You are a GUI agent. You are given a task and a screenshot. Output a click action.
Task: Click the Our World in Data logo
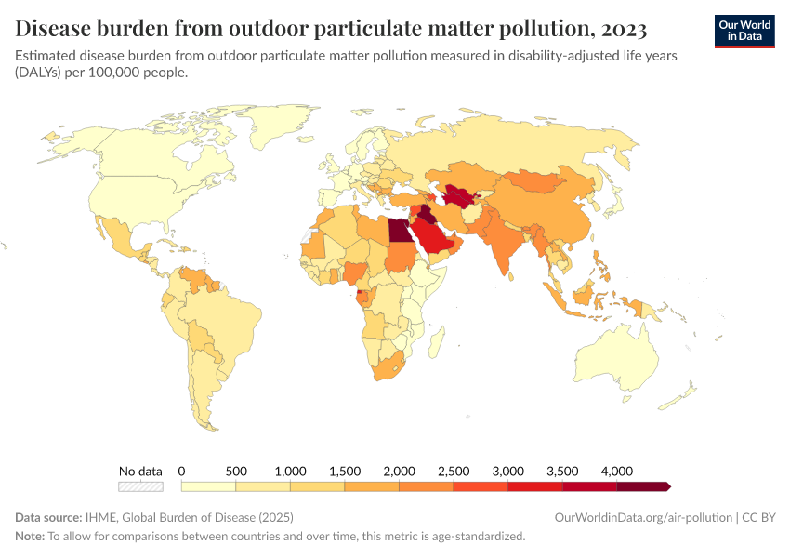pos(744,30)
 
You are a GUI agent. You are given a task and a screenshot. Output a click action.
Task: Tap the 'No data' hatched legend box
pos(140,486)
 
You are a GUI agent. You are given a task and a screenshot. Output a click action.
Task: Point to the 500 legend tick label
pos(236,471)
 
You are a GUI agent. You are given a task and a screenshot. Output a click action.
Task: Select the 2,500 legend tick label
pos(454,471)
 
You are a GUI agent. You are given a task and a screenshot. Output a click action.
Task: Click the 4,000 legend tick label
pos(616,471)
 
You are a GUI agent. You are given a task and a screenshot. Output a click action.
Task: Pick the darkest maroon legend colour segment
pos(642,486)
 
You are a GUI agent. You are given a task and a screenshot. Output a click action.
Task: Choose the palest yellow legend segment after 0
pos(208,486)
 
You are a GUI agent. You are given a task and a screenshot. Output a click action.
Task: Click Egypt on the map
pos(397,231)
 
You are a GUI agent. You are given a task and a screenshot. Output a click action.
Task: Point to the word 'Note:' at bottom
pos(30,537)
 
